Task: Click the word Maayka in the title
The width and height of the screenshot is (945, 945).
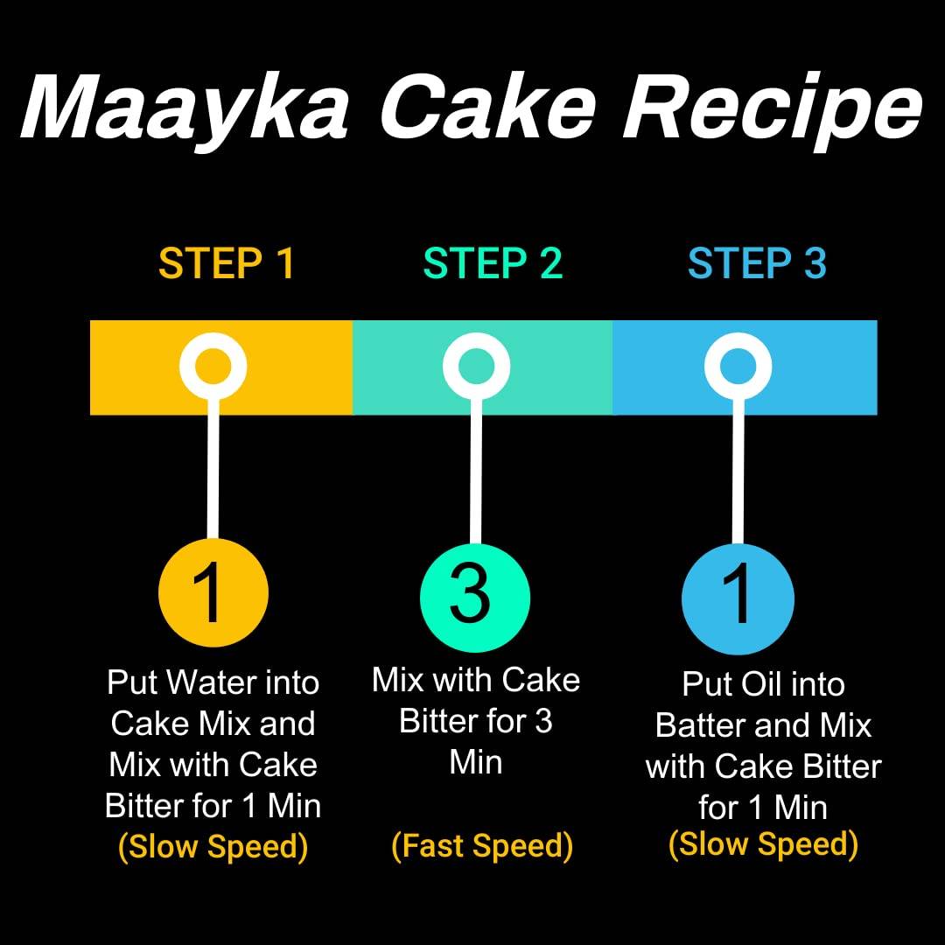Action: [185, 108]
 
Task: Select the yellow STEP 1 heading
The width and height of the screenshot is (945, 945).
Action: [227, 263]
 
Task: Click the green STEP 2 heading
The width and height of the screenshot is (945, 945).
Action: [493, 263]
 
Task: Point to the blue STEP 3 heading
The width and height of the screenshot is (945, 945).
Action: [757, 263]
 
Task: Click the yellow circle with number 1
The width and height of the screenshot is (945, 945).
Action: [213, 592]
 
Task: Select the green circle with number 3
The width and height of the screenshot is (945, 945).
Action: [475, 598]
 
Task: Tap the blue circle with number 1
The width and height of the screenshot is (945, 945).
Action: [738, 598]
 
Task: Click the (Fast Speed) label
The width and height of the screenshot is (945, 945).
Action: [482, 845]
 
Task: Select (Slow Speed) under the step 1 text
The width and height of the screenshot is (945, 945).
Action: [213, 847]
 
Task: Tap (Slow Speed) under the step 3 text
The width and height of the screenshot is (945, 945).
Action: [764, 844]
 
